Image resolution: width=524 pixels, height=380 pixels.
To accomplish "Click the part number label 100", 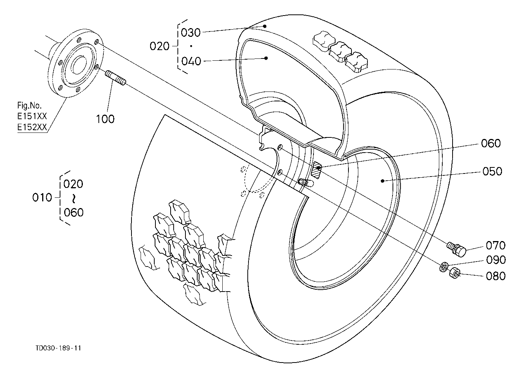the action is point(105,119).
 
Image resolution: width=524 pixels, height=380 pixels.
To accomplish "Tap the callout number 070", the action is point(496,245).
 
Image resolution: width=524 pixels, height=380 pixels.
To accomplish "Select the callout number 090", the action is point(496,260).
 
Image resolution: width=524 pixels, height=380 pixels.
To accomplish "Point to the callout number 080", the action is point(496,276).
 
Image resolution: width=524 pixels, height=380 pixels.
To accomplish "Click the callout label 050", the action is point(492,171).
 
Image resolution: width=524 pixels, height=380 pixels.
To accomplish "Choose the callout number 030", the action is point(191,33).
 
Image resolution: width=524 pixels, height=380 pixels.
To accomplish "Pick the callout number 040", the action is point(192,61).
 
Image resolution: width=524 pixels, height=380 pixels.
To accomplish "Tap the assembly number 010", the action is point(42,197).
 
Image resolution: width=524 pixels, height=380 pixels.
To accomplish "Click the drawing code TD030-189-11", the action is point(58,348).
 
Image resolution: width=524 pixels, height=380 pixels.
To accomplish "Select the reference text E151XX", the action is point(32,116).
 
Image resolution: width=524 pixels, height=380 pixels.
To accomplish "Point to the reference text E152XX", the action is point(32,127).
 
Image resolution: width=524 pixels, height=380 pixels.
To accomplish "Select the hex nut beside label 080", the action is point(454,273).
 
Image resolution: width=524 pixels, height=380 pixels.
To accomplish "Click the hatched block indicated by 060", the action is point(317,170).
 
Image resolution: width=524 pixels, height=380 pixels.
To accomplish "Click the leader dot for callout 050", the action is point(383,181).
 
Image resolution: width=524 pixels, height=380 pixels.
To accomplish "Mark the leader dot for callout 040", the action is point(266,58).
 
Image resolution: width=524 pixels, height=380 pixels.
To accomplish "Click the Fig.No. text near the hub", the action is point(30,106).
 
